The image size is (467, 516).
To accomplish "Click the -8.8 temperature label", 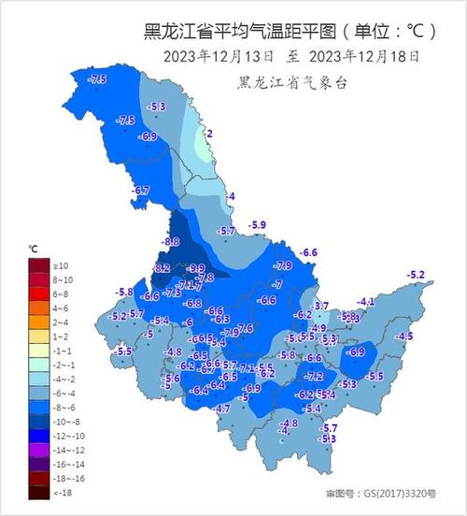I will (x=170, y=242).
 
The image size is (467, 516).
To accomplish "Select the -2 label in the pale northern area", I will (x=208, y=135).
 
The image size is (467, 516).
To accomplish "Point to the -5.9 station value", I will (x=258, y=225).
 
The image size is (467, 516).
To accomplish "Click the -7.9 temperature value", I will (x=283, y=266).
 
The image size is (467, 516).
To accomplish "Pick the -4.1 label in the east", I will (x=366, y=301).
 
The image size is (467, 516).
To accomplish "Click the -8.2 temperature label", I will (x=162, y=268).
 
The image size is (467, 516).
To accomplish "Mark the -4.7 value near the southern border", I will (x=222, y=409).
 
